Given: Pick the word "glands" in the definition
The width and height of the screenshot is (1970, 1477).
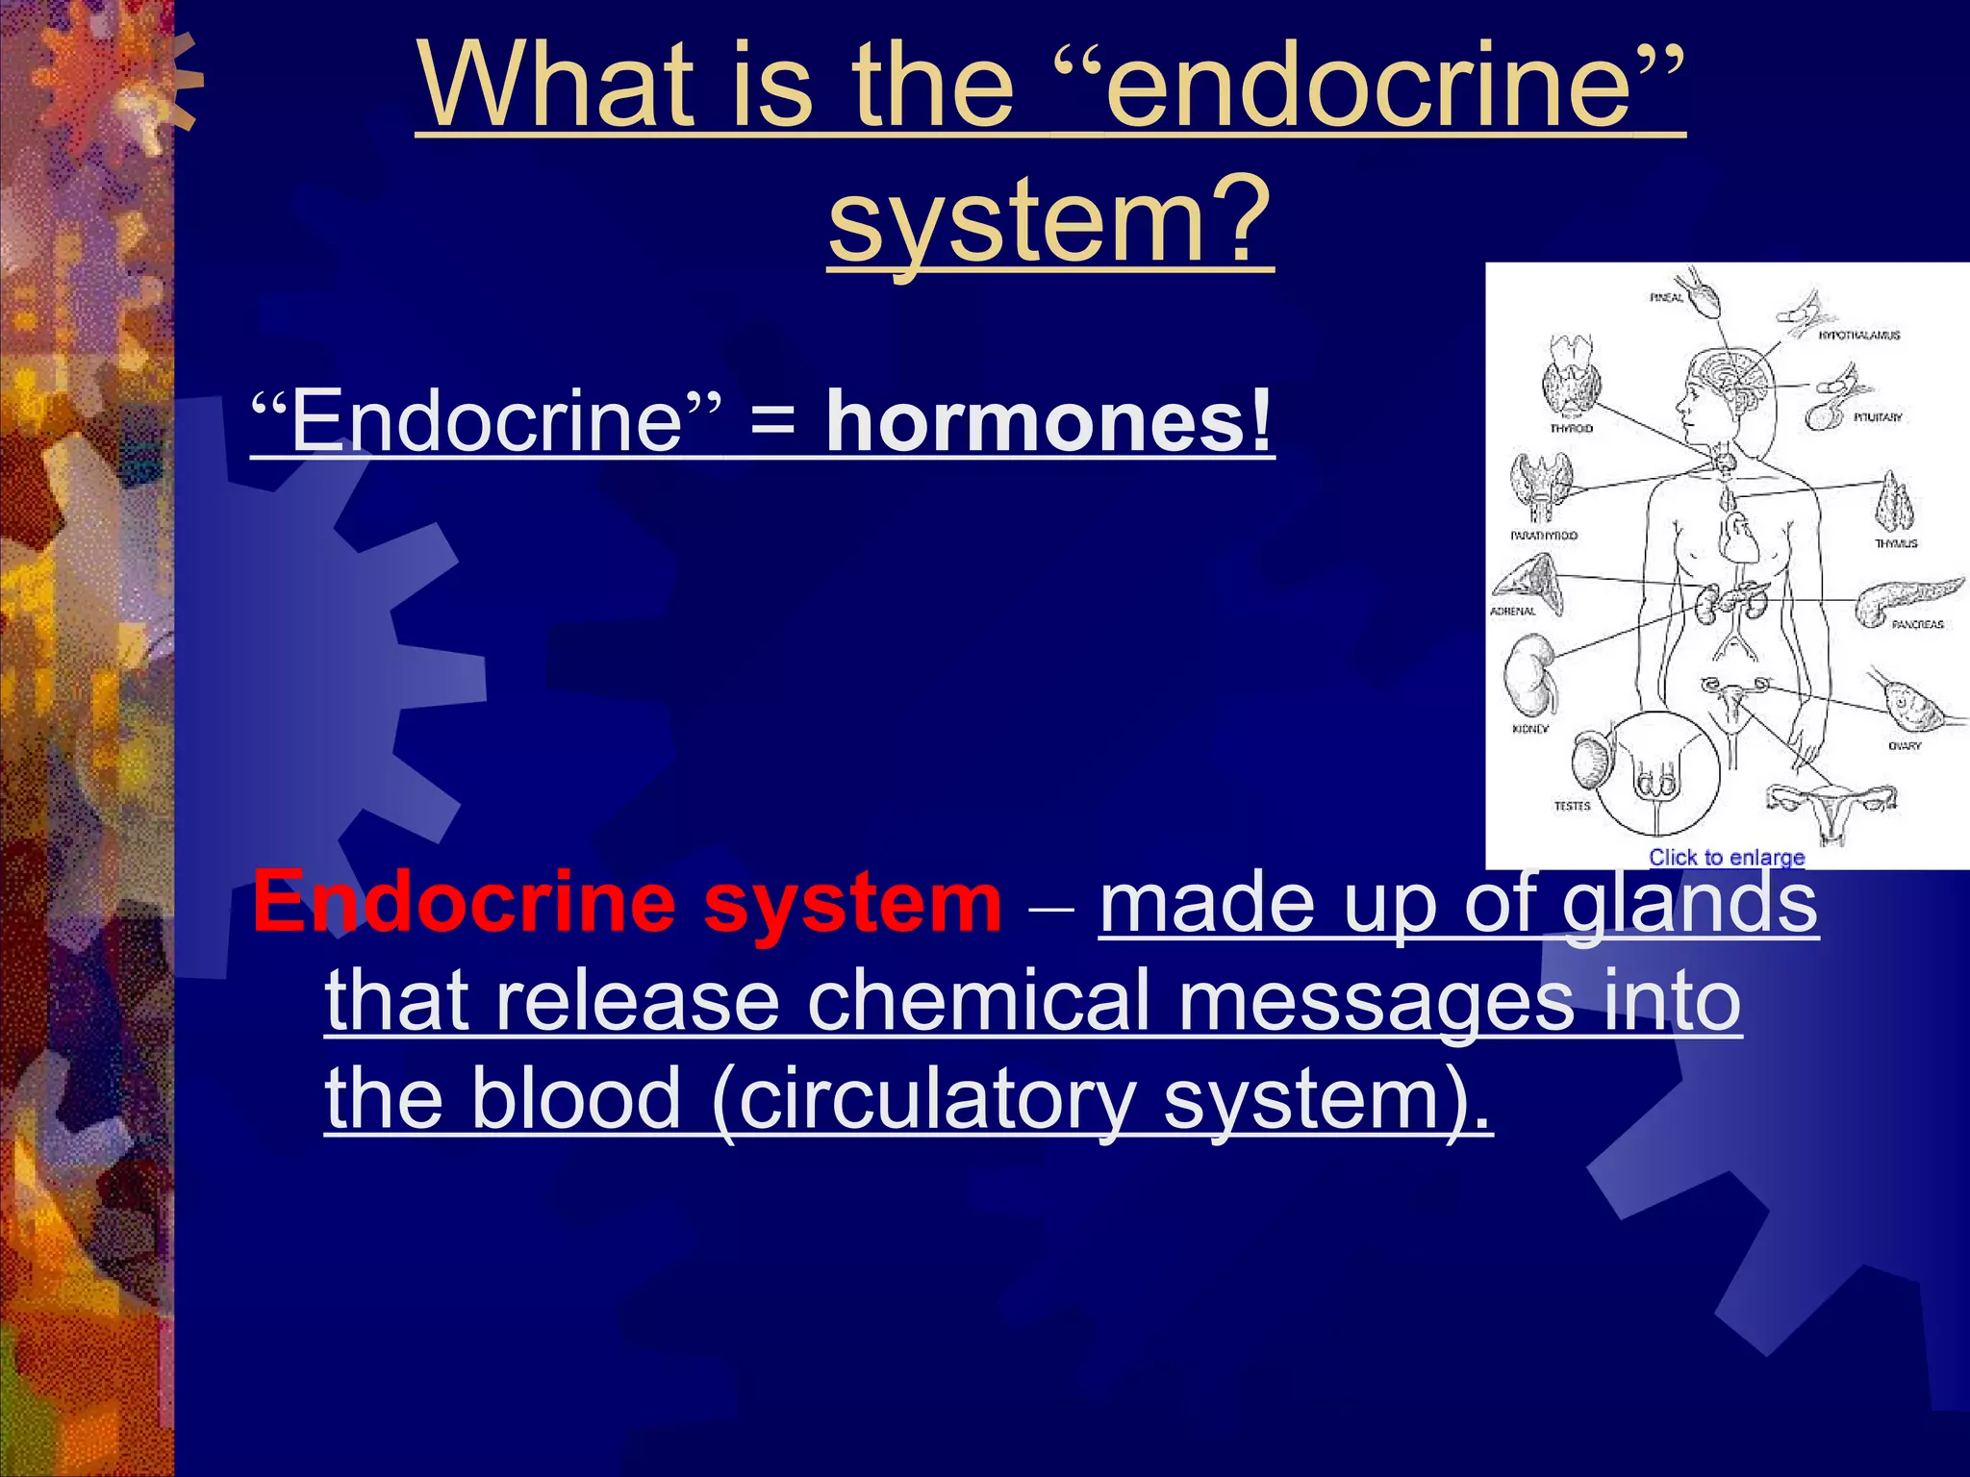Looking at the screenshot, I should point(1689,904).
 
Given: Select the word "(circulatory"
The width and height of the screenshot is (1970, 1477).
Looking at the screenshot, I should point(924,1100).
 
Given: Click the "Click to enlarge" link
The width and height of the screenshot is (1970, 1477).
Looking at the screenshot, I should point(1727,857).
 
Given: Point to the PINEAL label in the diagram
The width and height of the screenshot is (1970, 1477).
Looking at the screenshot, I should point(1666,298).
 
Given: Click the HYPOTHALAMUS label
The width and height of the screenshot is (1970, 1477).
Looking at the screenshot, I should point(1858,336).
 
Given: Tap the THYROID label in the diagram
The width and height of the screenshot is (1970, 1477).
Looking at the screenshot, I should point(1571,429).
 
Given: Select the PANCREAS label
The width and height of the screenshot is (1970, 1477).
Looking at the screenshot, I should point(1917,625).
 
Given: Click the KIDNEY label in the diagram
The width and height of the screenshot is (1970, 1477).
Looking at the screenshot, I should point(1530,729).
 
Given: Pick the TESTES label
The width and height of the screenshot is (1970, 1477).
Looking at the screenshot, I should point(1573,806).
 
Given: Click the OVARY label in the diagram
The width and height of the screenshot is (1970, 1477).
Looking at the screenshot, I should point(1904,746).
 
